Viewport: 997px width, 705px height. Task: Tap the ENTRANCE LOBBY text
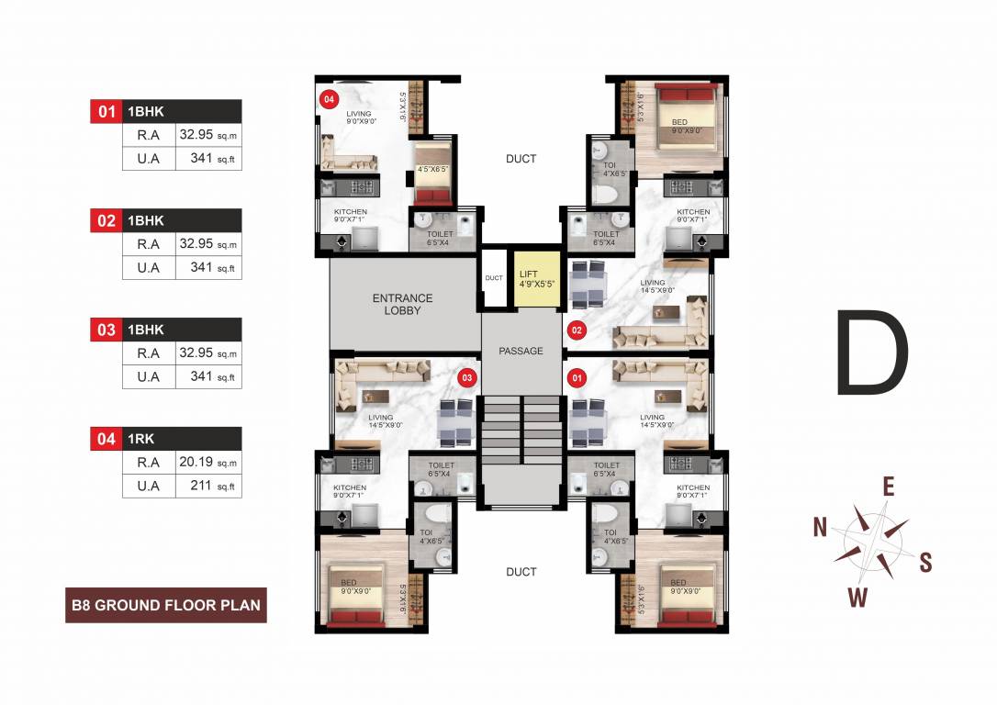coord(402,304)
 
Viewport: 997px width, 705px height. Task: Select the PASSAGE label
coord(521,351)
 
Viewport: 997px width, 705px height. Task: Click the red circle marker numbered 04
coord(327,98)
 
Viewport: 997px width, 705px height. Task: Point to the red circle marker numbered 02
coord(577,329)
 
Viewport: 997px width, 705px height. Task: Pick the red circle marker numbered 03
coord(466,377)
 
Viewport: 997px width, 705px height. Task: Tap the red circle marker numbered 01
coord(577,376)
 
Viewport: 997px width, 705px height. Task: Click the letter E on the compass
coord(888,487)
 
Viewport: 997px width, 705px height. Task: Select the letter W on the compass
coord(857,599)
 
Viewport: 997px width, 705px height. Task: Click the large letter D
coord(871,353)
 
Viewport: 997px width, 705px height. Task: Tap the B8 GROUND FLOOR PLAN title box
coord(166,605)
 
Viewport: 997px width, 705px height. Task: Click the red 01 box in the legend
coord(106,112)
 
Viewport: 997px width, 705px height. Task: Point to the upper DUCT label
coord(521,159)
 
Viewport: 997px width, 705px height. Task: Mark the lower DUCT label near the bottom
coord(521,572)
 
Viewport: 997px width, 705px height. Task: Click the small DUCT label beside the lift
coord(494,277)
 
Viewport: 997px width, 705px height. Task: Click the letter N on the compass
coord(821,526)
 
